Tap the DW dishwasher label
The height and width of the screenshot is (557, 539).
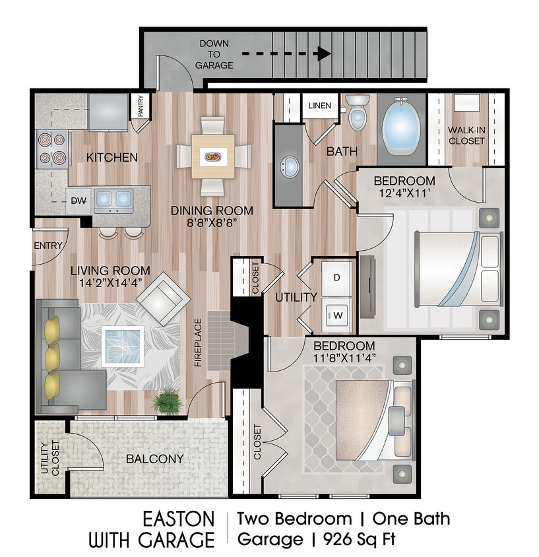(x=79, y=199)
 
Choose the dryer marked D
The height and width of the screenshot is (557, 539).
(x=336, y=278)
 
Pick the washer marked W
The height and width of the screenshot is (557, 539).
(x=336, y=315)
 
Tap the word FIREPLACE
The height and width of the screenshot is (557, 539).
(x=197, y=343)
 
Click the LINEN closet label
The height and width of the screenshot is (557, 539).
(x=320, y=106)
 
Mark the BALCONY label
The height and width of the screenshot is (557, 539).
(x=154, y=459)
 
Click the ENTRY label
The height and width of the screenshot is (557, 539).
(x=48, y=246)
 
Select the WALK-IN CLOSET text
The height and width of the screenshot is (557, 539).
(x=466, y=135)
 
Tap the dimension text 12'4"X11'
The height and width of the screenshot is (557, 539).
(x=404, y=194)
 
